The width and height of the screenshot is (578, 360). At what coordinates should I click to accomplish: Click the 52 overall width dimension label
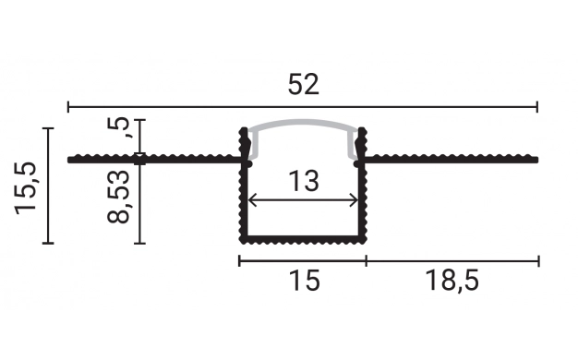303,84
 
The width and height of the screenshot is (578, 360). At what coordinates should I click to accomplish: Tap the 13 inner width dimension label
303,181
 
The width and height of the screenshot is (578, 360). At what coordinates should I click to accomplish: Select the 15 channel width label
305,280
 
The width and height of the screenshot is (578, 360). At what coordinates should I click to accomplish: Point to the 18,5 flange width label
452,281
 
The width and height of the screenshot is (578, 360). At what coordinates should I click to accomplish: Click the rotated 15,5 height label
26,188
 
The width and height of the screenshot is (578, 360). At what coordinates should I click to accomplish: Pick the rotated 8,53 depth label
118,196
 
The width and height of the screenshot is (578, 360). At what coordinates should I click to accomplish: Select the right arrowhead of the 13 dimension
354,201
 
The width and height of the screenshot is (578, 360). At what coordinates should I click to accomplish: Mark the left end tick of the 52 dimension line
68,107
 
